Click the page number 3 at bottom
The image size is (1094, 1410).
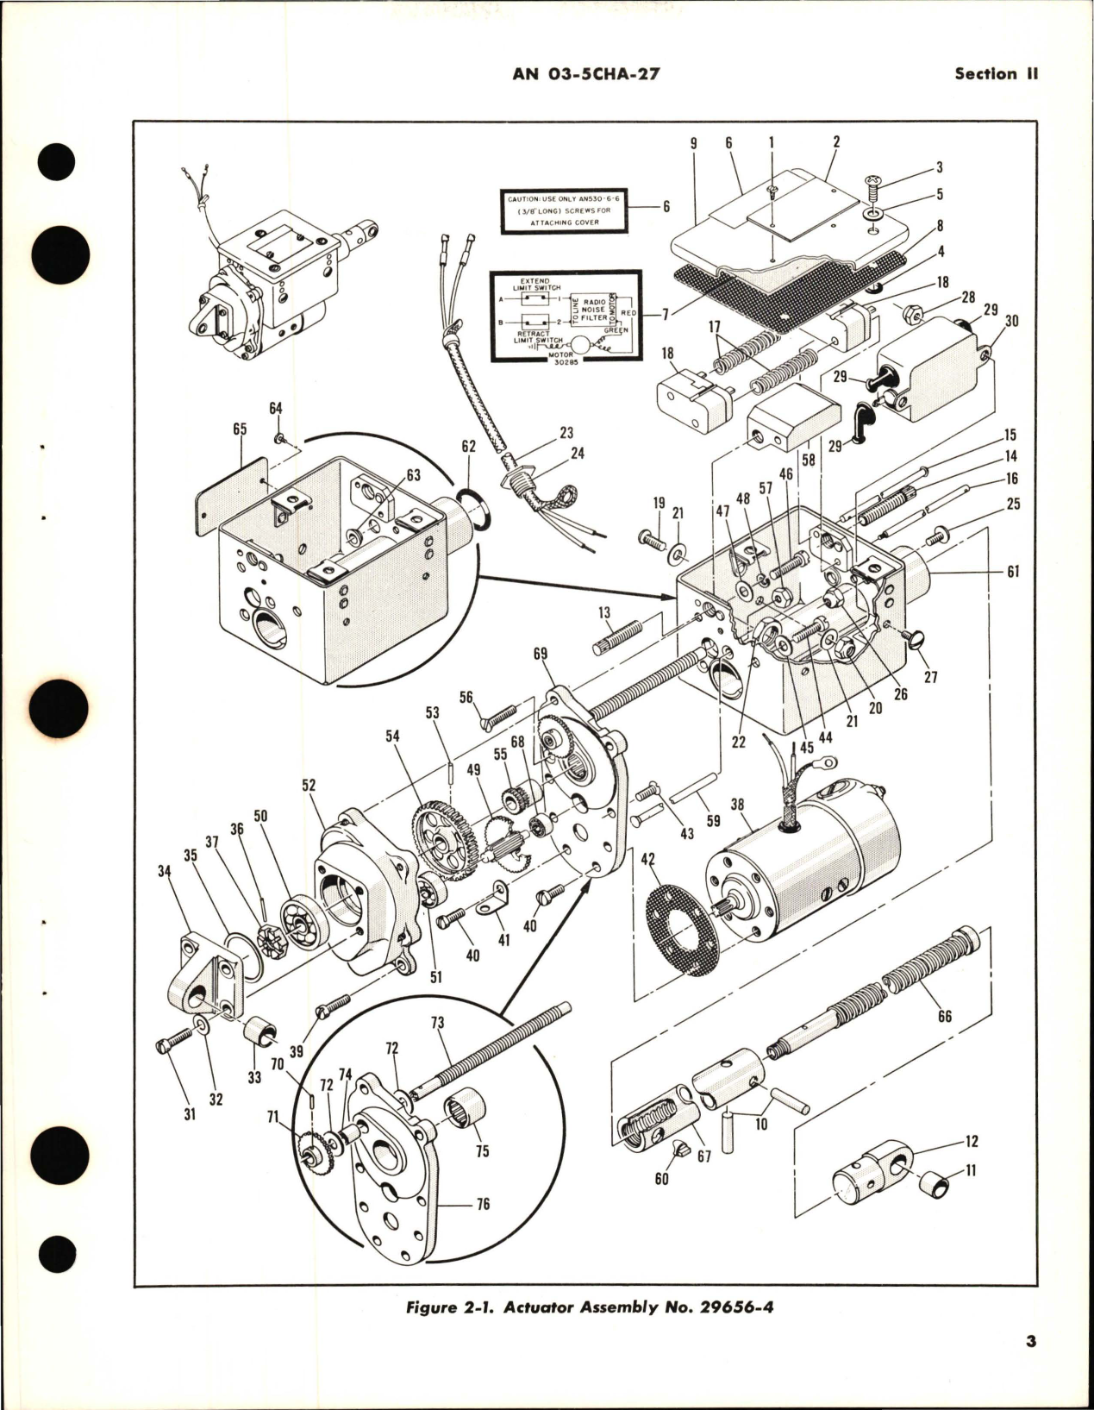1030,1365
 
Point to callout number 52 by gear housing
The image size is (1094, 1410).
309,786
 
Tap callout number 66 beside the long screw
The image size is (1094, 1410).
944,1016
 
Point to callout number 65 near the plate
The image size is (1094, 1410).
240,429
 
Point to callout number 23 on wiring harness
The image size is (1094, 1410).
566,433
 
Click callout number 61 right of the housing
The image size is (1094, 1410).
1012,572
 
